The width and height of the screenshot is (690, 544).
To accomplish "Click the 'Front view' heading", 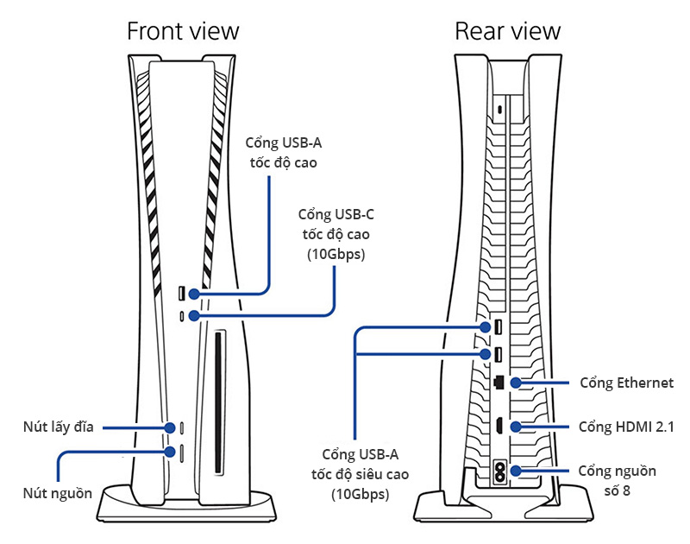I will (x=183, y=32).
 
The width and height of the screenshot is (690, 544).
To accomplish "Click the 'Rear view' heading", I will (x=508, y=32).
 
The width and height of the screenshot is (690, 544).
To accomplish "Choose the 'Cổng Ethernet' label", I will (x=626, y=383).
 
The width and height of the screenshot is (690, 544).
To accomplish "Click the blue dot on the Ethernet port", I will (x=515, y=383).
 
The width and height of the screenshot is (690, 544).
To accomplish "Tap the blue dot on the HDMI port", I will (x=515, y=427).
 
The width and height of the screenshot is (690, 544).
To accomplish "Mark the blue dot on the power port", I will (x=515, y=471).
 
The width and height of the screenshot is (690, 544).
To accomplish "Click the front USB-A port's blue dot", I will (x=195, y=294).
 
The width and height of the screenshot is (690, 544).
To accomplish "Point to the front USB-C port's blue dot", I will (x=195, y=317).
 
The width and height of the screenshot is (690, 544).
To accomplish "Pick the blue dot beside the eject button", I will (x=169, y=427).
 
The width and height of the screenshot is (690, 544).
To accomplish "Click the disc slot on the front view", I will (x=216, y=402).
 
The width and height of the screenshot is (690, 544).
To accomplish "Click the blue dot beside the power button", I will (x=169, y=450).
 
